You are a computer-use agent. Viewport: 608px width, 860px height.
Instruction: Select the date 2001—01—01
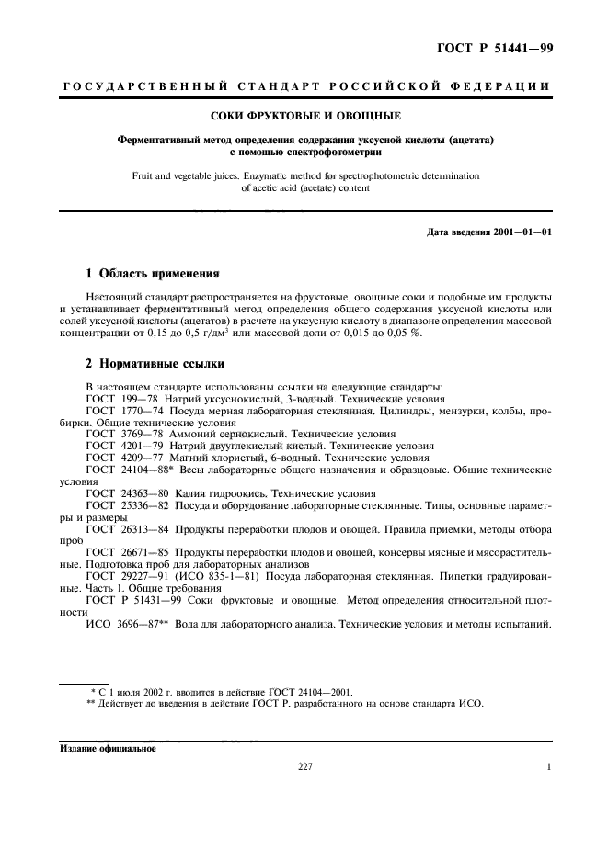[x=521, y=232]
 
